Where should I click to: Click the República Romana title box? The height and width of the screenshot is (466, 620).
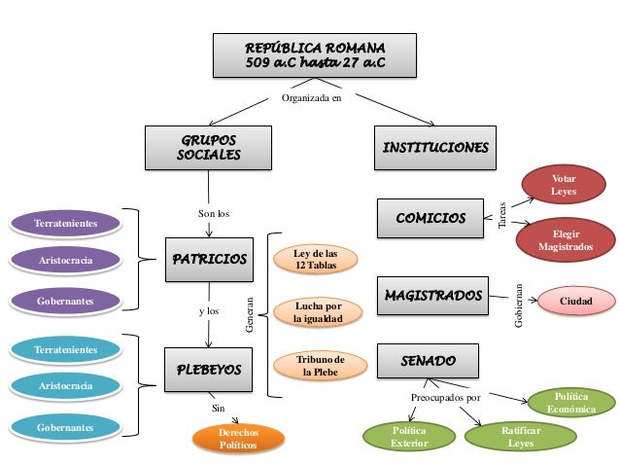[x=315, y=55]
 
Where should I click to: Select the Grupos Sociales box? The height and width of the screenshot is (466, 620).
[x=208, y=148]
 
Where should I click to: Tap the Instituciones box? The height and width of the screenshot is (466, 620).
[x=435, y=148]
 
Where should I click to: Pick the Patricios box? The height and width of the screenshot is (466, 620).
[x=209, y=260]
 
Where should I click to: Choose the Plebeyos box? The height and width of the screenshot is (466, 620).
[x=208, y=370]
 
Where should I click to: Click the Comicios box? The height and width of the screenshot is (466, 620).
[x=431, y=218]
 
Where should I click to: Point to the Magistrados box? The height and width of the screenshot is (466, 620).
[x=432, y=296]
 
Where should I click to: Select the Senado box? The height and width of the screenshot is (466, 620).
[x=428, y=361]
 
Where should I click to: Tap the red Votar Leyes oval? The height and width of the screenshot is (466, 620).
[x=564, y=185]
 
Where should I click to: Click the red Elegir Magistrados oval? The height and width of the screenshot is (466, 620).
[x=566, y=240]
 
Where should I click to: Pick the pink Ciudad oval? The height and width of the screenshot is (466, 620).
[x=576, y=301]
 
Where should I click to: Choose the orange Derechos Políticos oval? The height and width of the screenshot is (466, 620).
[x=238, y=439]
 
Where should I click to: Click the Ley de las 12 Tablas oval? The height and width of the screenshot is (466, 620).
[x=316, y=260]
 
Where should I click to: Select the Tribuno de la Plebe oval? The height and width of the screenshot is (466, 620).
[x=321, y=366]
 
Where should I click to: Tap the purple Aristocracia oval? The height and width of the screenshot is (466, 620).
[x=66, y=261]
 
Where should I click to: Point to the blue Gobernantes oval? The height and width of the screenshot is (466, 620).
[x=66, y=428]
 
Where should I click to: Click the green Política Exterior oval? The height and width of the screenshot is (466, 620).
[x=409, y=437]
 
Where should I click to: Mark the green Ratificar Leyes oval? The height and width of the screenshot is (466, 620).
[x=521, y=437]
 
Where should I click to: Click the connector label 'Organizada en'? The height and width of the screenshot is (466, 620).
[x=311, y=98]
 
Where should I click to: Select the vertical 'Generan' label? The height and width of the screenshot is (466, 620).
[x=249, y=315]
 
